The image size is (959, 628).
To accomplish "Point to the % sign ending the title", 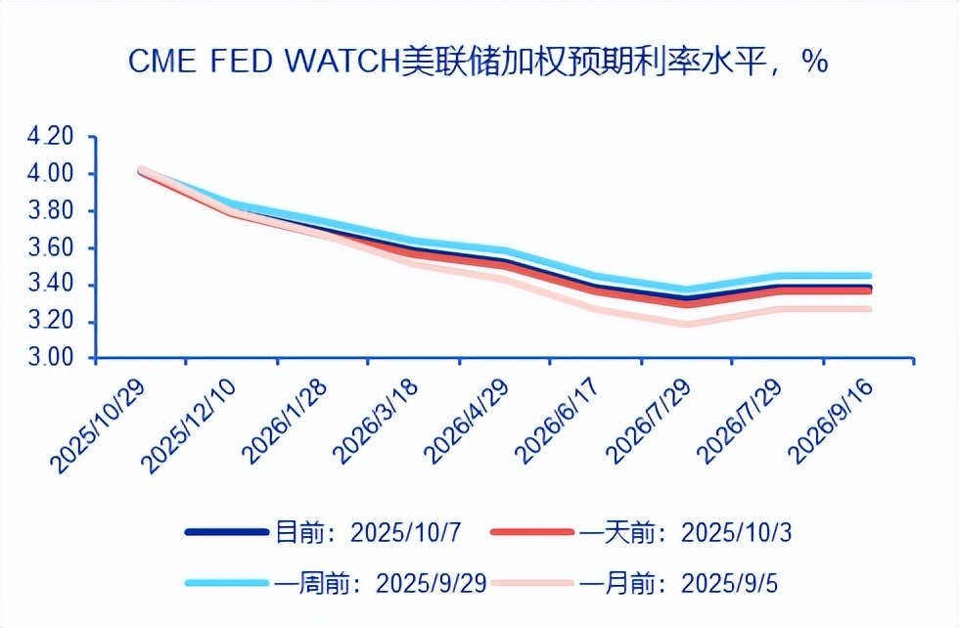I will [x=814, y=62].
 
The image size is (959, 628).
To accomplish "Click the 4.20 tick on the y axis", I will [x=51, y=137].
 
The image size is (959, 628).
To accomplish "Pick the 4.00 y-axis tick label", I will [x=51, y=174].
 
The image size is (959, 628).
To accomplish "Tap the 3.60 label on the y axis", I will [x=51, y=248].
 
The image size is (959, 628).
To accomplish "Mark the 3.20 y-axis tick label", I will [x=51, y=323].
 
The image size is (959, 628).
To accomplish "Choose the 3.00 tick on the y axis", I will [x=51, y=359].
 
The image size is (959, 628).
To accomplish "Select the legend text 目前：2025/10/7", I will [x=368, y=532].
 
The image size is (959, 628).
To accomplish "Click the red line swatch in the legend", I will [x=531, y=532].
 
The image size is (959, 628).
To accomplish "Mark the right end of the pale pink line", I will [x=869, y=309].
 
